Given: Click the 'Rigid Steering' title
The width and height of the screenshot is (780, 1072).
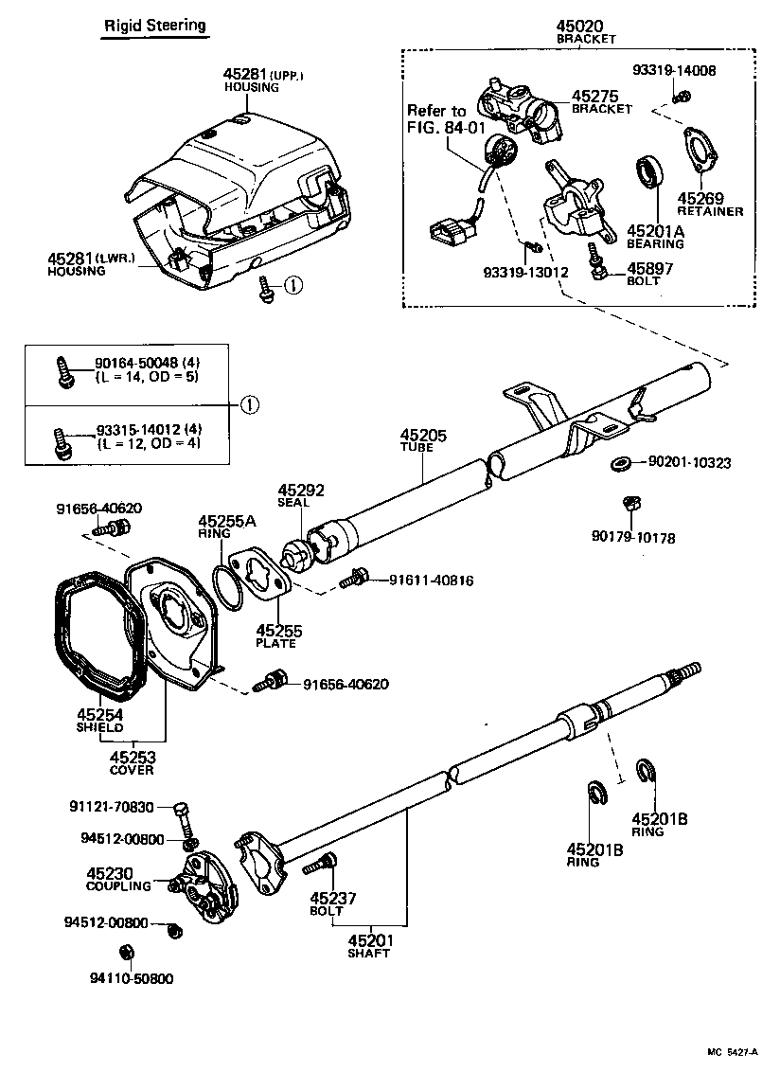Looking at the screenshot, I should click(154, 26).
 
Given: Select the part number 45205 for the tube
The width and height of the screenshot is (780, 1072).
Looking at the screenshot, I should click(416, 436).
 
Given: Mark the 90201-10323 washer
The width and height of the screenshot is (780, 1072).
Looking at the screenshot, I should click(621, 463).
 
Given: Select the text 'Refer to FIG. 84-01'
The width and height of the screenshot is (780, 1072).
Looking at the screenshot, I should click(444, 118).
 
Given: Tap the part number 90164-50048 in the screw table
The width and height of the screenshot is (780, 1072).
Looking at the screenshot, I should click(135, 363).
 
